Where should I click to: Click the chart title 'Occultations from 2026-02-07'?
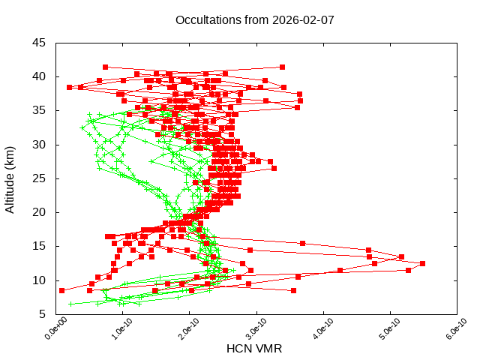click(x=255, y=20)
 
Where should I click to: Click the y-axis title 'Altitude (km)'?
click(x=10, y=178)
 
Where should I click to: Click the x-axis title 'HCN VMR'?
click(x=254, y=349)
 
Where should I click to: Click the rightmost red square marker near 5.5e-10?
click(x=423, y=263)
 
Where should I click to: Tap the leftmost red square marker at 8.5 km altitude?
click(x=62, y=290)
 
